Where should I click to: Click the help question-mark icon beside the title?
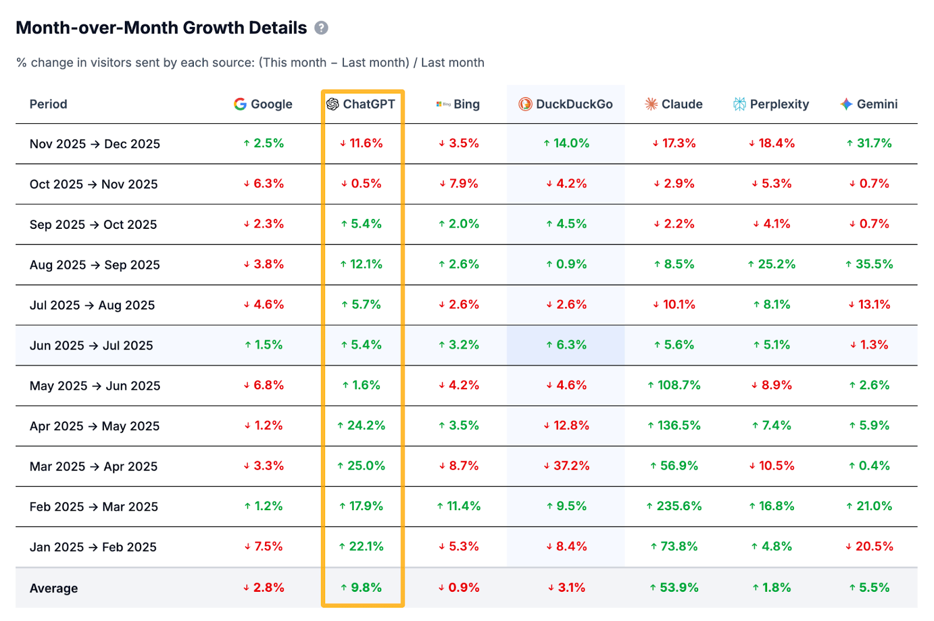click(x=321, y=28)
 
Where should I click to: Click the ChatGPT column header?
click(x=361, y=104)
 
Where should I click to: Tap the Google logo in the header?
click(x=240, y=104)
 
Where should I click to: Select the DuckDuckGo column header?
click(x=566, y=104)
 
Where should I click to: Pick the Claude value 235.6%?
click(x=674, y=506)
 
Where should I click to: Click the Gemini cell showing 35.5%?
click(x=869, y=264)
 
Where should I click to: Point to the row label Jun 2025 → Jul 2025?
click(x=91, y=346)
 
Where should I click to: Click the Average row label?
click(x=54, y=588)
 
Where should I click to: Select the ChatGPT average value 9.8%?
click(x=361, y=588)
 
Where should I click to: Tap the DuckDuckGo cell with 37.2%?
click(x=566, y=466)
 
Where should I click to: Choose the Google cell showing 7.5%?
click(x=263, y=546)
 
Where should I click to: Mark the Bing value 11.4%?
click(x=459, y=506)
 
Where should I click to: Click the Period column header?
click(x=48, y=104)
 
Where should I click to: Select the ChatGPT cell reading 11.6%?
click(x=361, y=144)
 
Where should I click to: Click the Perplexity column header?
click(x=771, y=104)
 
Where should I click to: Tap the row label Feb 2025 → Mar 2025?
click(x=93, y=507)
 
